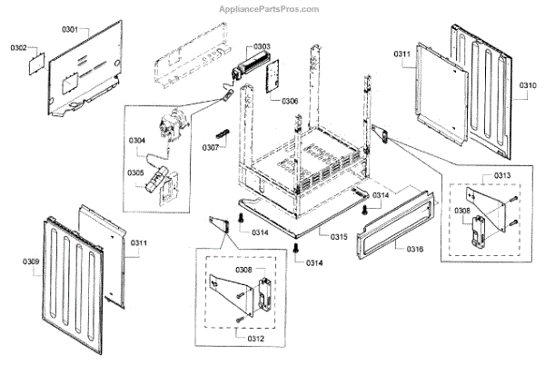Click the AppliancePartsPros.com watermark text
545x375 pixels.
tap(270, 10)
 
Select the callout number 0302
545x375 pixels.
tap(20, 46)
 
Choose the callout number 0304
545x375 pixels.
tap(136, 140)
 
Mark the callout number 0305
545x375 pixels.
tap(136, 173)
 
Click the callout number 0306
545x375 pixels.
tap(289, 100)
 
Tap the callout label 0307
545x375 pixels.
tap(210, 147)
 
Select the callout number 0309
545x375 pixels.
tap(31, 262)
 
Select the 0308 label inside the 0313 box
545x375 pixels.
tap(462, 210)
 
